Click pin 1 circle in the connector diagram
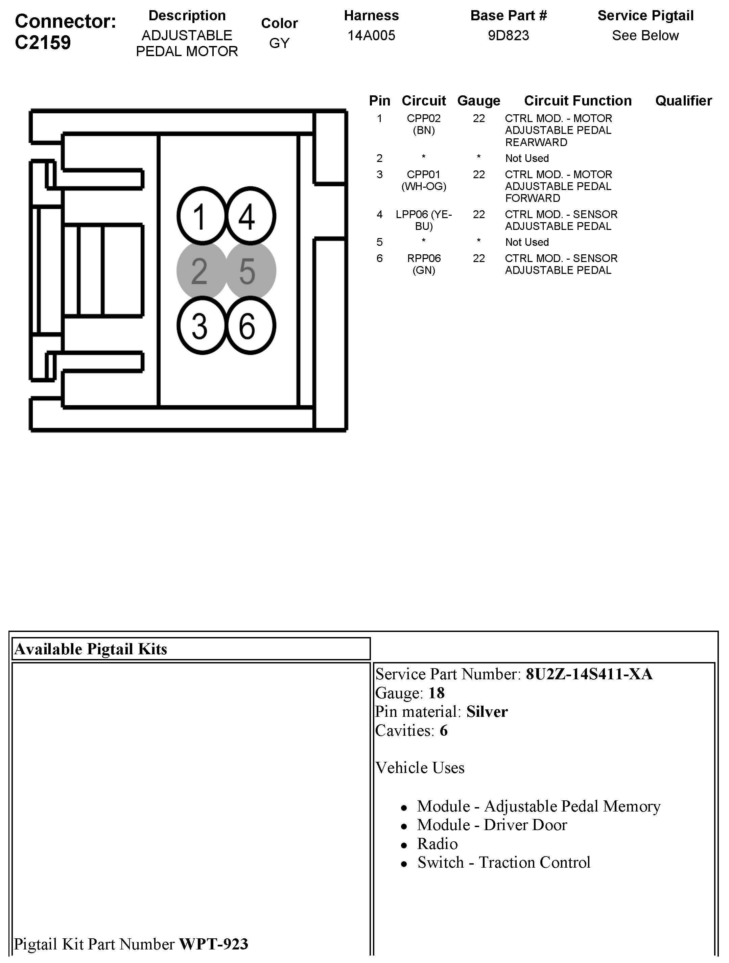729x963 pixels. pyautogui.click(x=202, y=216)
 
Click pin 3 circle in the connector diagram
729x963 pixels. pyautogui.click(x=202, y=326)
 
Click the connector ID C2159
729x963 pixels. pyautogui.click(x=43, y=43)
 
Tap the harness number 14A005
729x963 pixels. pyautogui.click(x=371, y=35)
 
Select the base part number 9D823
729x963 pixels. pyautogui.click(x=508, y=35)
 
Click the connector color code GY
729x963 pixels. pyautogui.click(x=279, y=43)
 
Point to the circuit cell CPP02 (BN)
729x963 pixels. pyautogui.click(x=423, y=124)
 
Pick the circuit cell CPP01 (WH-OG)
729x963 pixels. pyautogui.click(x=423, y=180)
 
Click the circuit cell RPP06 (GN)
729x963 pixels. pyautogui.click(x=423, y=264)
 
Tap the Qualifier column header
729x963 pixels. pyautogui.click(x=683, y=100)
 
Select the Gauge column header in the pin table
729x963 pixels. pyautogui.click(x=479, y=100)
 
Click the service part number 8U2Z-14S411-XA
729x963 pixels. pyautogui.click(x=589, y=674)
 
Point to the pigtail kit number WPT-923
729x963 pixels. pyautogui.click(x=213, y=943)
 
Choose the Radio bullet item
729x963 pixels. pyautogui.click(x=437, y=844)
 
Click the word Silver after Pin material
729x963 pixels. pyautogui.click(x=487, y=711)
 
